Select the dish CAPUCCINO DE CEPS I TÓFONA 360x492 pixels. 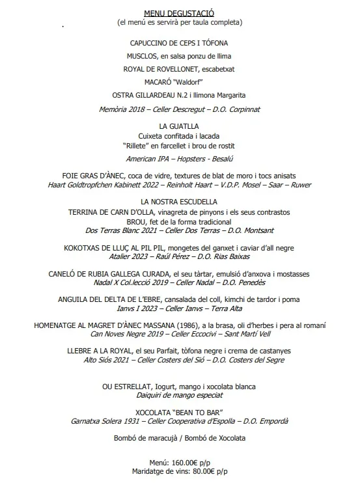click(179, 43)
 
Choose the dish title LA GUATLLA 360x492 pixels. click(179, 126)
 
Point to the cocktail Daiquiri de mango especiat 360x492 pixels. click(179, 395)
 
